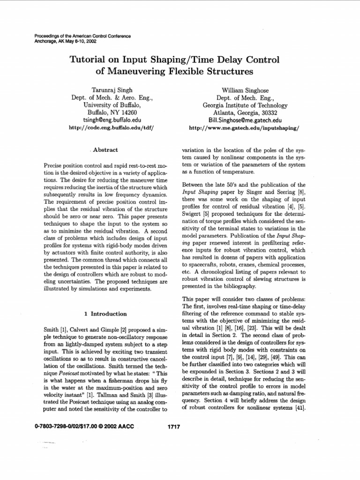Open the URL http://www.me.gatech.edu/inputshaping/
244,127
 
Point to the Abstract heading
105,150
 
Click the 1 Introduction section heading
105,314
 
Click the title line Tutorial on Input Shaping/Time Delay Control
174,60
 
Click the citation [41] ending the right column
300,407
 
